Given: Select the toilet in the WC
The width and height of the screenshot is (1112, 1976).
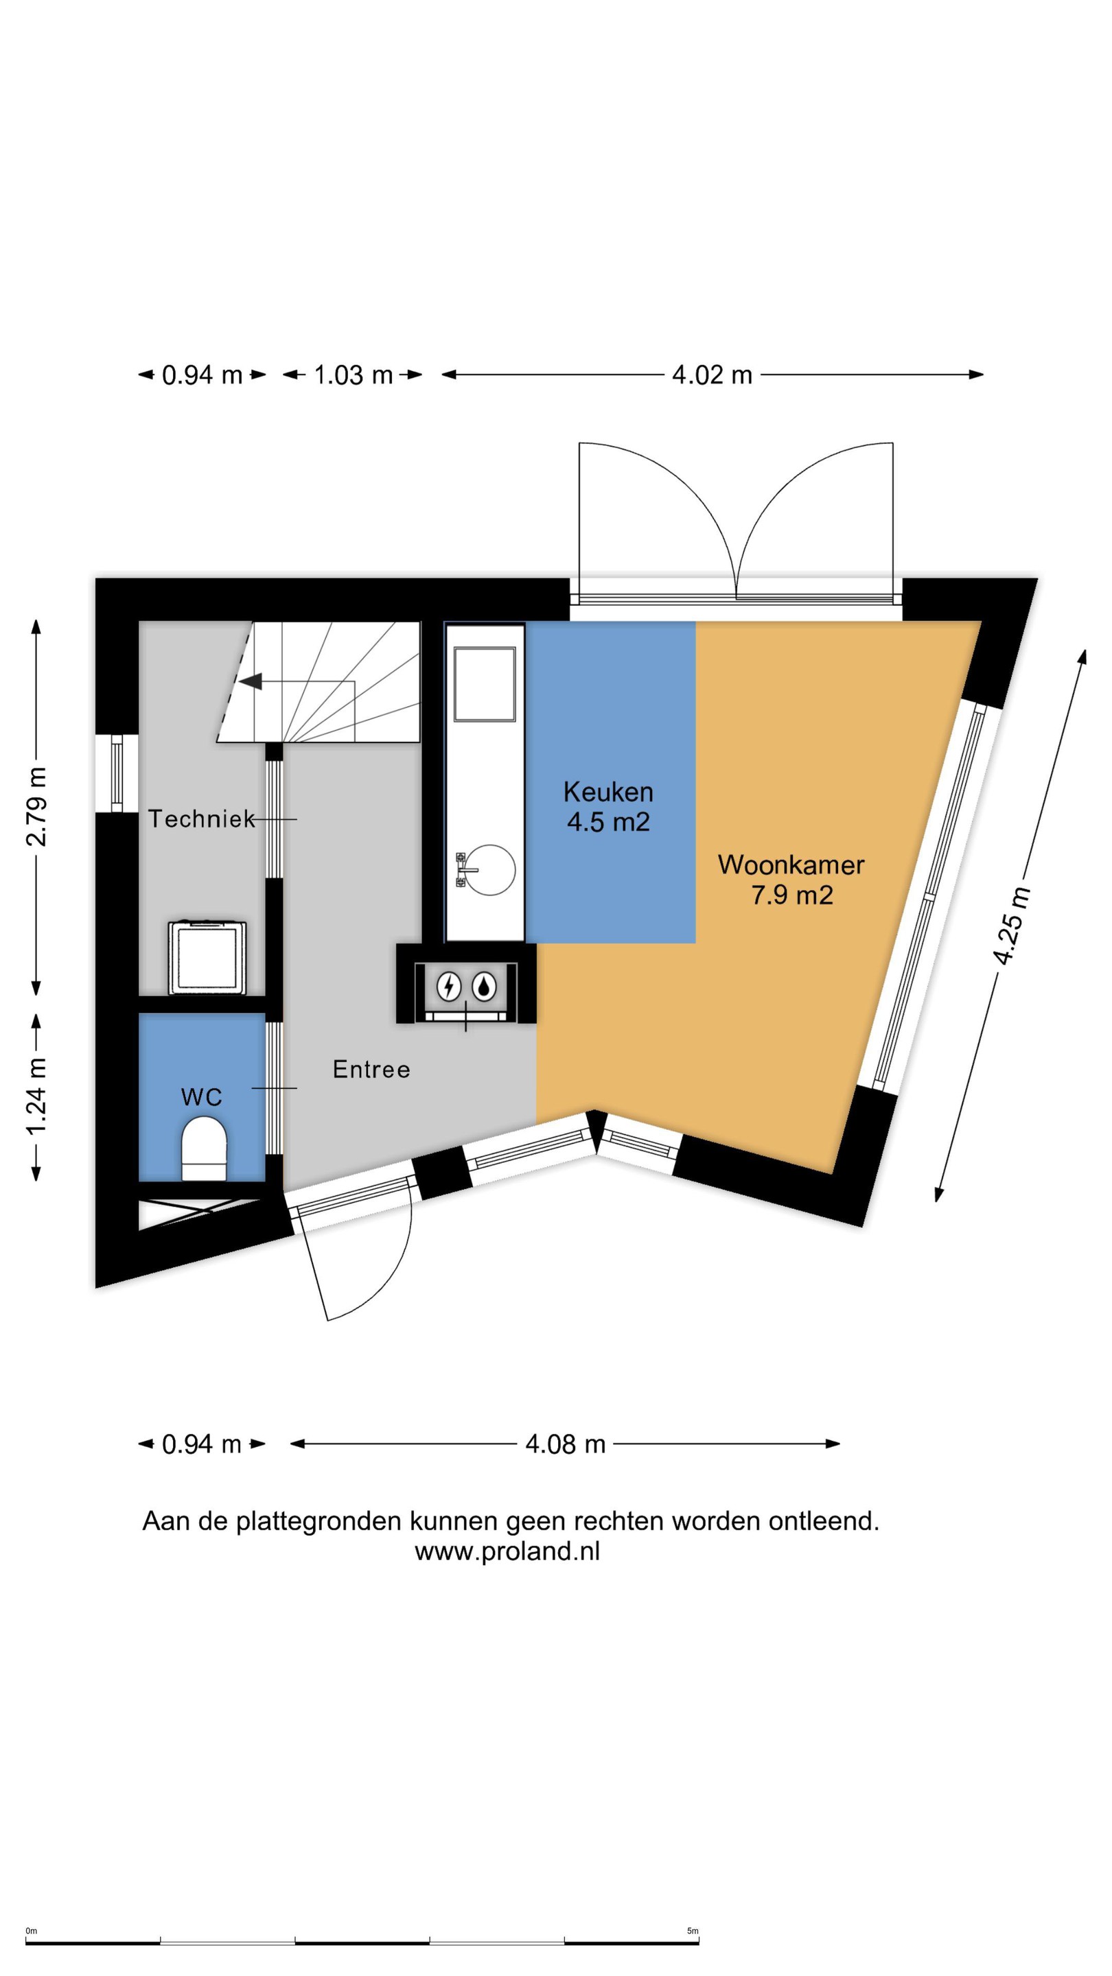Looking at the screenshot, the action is click(204, 1149).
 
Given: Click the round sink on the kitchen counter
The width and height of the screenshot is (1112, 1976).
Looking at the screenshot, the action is click(490, 870).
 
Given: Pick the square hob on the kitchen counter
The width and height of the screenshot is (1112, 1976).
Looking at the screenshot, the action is click(484, 684).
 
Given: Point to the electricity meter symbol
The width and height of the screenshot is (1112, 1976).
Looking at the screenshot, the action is click(449, 987).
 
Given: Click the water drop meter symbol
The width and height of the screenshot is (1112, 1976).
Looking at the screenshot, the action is click(483, 987).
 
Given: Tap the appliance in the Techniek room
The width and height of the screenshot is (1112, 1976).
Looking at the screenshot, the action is click(208, 957).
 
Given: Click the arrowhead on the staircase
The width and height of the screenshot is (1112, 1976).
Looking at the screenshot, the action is click(251, 681).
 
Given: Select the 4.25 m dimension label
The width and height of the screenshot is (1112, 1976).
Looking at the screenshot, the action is click(1010, 925).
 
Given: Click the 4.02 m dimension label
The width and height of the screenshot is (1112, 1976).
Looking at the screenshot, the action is click(711, 375).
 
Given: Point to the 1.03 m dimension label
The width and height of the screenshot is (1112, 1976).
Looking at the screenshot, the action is click(353, 375).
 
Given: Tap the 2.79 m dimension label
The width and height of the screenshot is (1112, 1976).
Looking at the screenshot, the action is click(36, 805).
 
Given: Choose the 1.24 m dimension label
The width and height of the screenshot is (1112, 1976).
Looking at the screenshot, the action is click(36, 1096).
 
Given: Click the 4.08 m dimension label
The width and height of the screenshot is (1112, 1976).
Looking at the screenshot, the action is click(566, 1444).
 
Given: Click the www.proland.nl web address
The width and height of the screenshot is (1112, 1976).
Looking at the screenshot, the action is click(507, 1551).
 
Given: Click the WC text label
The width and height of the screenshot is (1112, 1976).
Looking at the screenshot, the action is click(202, 1097).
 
